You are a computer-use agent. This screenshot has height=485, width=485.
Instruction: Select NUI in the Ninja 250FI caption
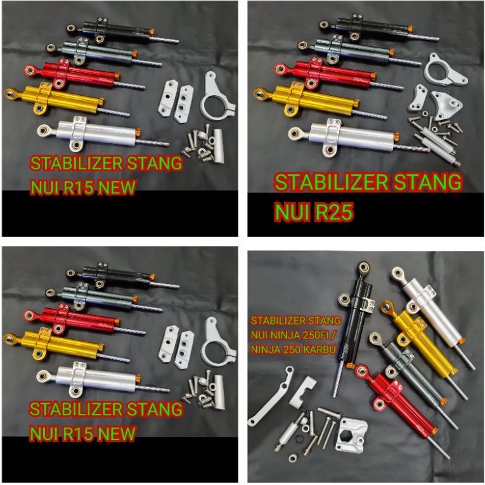(x=261, y=333)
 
